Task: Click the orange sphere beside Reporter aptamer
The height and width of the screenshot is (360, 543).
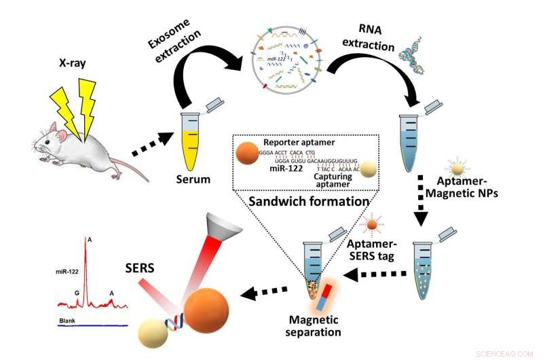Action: (245, 157)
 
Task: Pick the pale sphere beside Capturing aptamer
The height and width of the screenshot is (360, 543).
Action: (369, 170)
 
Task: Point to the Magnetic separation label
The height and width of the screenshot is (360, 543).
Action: (315, 327)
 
